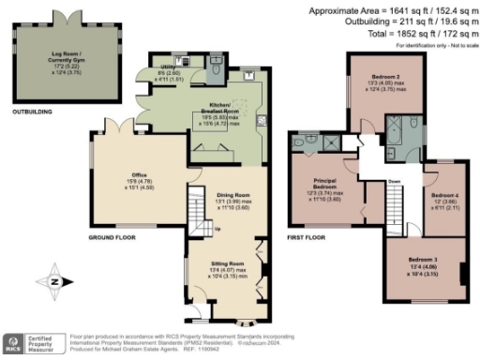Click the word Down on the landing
pos(395,181)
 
